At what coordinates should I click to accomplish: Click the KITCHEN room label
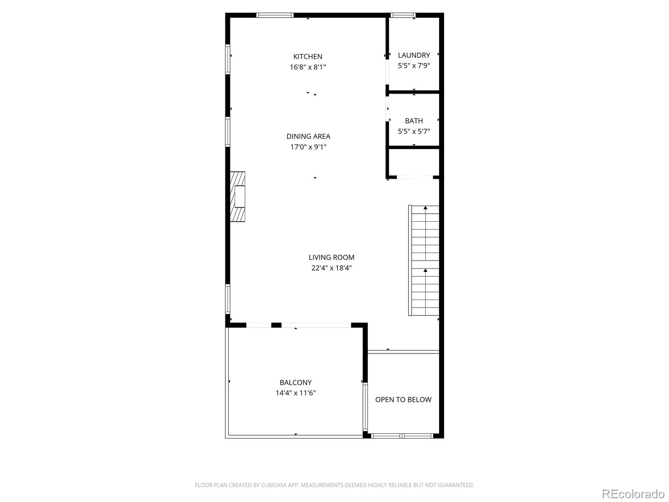point(307,56)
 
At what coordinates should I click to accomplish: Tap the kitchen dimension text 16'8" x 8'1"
point(307,67)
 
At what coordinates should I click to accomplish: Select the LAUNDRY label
point(414,55)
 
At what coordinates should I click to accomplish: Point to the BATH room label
point(414,121)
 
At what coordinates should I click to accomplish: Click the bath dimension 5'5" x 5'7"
point(414,131)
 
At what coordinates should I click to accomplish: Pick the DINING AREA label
point(308,136)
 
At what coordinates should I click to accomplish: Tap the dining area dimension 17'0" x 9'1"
point(308,147)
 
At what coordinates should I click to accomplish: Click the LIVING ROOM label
point(331,258)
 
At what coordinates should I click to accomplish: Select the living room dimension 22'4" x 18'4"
point(331,268)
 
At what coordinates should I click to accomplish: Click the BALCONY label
point(295,382)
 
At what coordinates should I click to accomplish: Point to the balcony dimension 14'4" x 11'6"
point(295,393)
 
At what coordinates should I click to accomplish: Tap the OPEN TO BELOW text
point(403,400)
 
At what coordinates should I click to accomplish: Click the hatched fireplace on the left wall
point(237,197)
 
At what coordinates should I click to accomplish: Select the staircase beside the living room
point(424,260)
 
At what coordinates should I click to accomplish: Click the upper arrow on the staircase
point(425,208)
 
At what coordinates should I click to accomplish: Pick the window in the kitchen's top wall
point(275,15)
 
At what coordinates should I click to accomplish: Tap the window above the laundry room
point(403,15)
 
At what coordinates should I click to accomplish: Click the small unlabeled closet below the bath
point(414,162)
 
